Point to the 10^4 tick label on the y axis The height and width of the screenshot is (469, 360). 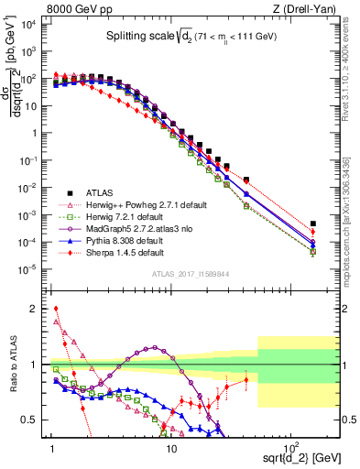point(31,25)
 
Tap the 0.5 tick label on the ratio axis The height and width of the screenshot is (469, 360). point(35,420)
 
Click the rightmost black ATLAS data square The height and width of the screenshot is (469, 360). point(313,224)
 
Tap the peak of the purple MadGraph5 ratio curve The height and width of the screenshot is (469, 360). point(154,348)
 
